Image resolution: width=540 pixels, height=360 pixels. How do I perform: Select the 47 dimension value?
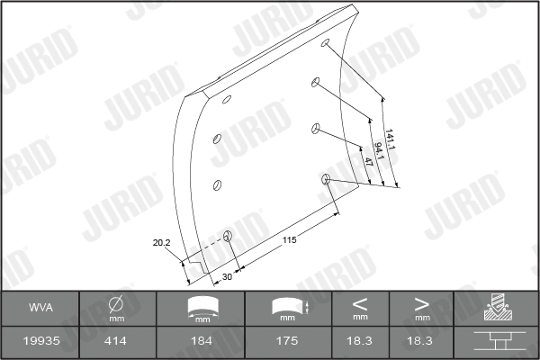366,164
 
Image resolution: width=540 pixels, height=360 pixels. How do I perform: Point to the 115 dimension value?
289,240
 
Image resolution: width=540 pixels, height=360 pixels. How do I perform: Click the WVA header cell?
40,308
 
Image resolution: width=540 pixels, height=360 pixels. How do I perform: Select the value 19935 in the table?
40,341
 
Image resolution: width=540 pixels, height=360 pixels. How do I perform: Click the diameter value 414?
117,341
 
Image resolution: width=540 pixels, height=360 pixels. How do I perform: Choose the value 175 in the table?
288,341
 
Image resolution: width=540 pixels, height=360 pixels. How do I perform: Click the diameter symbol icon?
117,303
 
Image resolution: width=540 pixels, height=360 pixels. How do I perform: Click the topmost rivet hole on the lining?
327,44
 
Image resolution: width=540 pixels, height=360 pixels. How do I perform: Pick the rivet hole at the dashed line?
228,238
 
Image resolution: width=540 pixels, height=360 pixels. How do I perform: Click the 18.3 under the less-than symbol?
360,341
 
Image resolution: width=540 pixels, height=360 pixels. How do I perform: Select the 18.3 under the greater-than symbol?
421,341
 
